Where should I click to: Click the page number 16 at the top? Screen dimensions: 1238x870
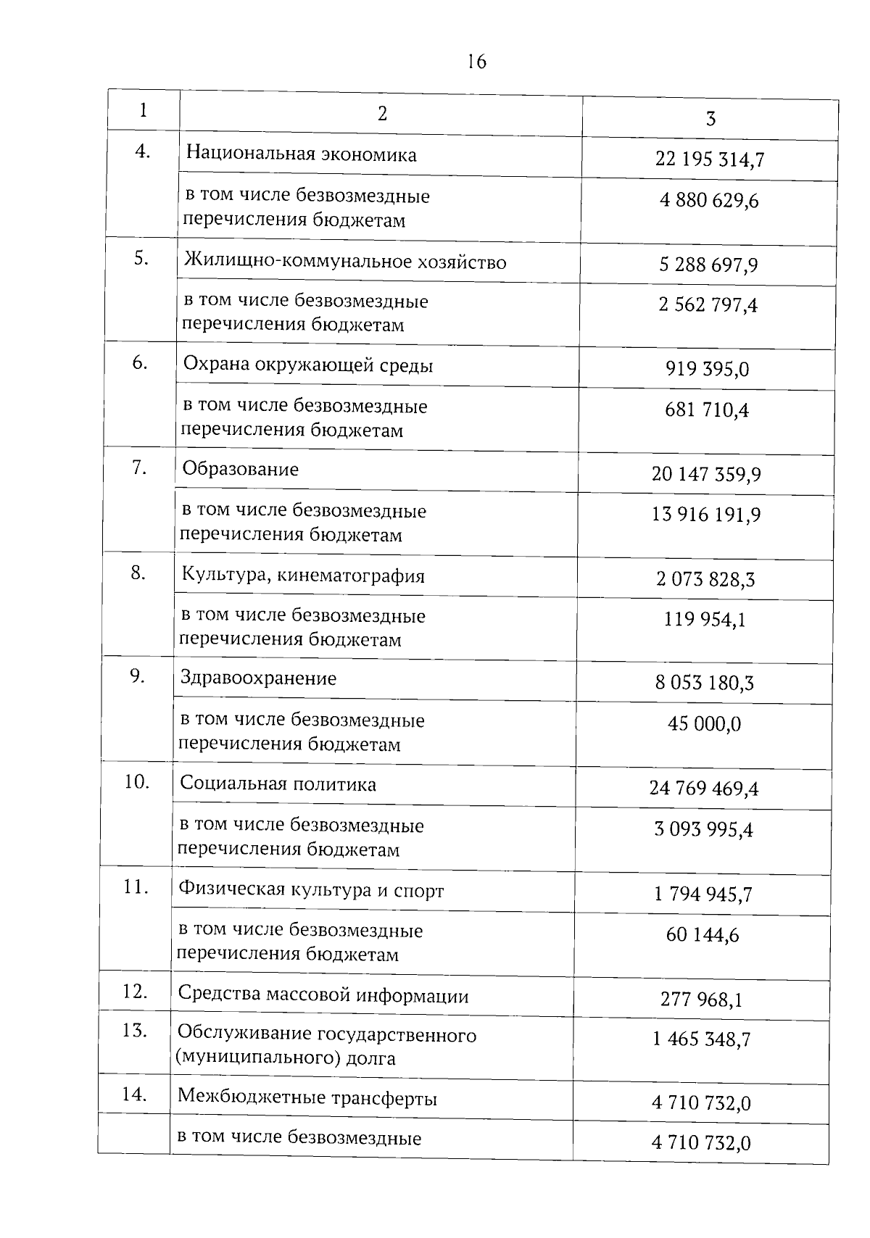(x=477, y=62)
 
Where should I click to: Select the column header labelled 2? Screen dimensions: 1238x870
(x=382, y=113)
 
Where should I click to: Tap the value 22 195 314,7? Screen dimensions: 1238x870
(x=709, y=159)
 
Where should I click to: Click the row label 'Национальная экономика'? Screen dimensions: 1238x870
(x=302, y=154)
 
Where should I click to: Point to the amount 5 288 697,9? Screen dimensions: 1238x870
(x=708, y=265)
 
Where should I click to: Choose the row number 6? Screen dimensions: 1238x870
(x=140, y=363)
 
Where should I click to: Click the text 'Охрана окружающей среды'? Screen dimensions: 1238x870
(x=308, y=365)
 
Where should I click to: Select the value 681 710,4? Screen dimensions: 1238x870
(x=707, y=411)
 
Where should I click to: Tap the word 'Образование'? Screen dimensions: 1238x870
(x=241, y=470)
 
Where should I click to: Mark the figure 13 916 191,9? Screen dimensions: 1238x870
(x=706, y=515)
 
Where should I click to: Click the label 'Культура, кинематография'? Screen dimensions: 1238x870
(x=303, y=576)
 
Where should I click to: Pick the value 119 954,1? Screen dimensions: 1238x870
(x=705, y=620)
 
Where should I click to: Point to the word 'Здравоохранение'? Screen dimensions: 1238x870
(x=259, y=679)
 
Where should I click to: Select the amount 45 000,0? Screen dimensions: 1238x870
(x=704, y=724)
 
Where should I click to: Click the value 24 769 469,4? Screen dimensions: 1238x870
(x=704, y=789)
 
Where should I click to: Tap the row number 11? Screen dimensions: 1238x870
(x=136, y=886)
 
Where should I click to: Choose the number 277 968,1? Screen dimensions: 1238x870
(x=701, y=1000)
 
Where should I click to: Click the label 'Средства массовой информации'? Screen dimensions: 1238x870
(x=323, y=996)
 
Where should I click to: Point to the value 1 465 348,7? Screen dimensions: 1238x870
(x=701, y=1040)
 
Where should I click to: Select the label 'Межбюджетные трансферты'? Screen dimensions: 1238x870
(x=307, y=1099)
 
